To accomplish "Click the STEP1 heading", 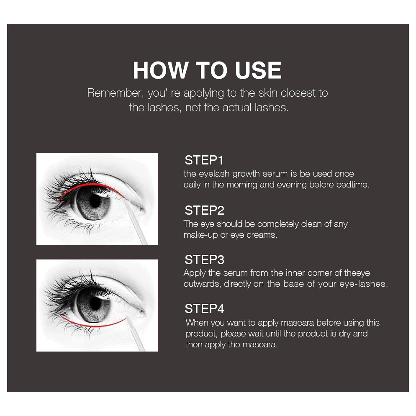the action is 204,160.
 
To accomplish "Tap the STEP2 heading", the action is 204,210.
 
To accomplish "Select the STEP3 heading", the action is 204,259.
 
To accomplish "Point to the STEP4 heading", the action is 204,308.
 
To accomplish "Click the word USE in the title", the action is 258,70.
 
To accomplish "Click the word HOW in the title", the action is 160,70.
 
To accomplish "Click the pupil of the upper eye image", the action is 95,201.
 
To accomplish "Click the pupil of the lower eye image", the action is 95,303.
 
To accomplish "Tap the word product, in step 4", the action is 202,334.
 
